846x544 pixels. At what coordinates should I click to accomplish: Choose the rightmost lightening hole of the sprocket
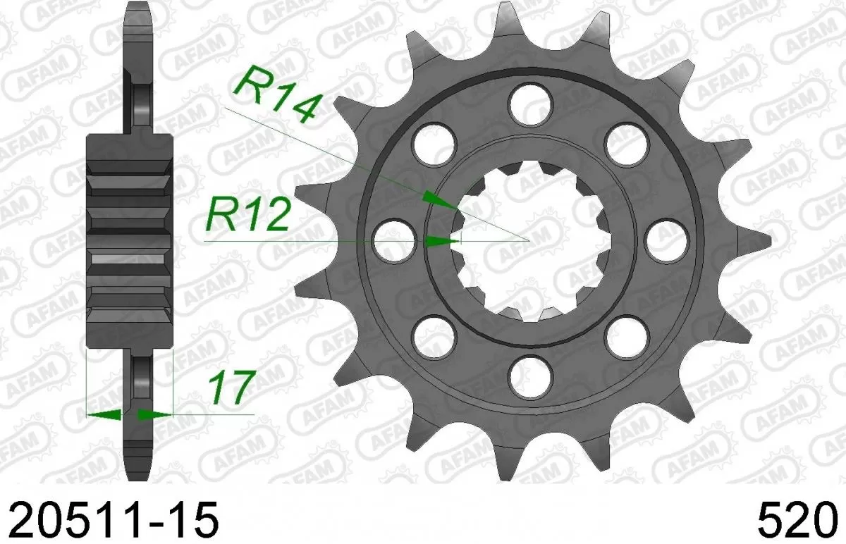[666, 240]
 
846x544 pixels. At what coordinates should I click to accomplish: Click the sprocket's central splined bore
[529, 240]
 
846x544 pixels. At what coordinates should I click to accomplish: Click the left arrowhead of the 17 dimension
[99, 414]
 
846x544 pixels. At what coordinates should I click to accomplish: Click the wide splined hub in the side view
[129, 240]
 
